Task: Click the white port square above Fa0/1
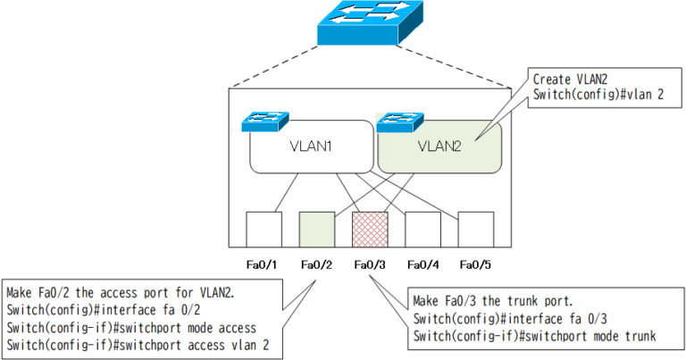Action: tap(264, 228)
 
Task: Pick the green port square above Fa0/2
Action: tap(316, 228)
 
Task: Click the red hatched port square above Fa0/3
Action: tap(369, 228)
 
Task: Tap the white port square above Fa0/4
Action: tap(422, 228)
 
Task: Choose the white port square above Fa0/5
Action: tap(475, 228)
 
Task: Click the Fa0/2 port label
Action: tap(316, 264)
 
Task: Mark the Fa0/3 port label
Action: tap(369, 264)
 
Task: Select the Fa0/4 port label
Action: tap(422, 264)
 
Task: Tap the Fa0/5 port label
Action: tap(475, 264)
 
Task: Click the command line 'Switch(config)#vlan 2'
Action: tap(598, 94)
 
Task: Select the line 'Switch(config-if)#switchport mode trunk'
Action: tap(535, 336)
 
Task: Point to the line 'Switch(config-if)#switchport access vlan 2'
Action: tap(138, 344)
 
